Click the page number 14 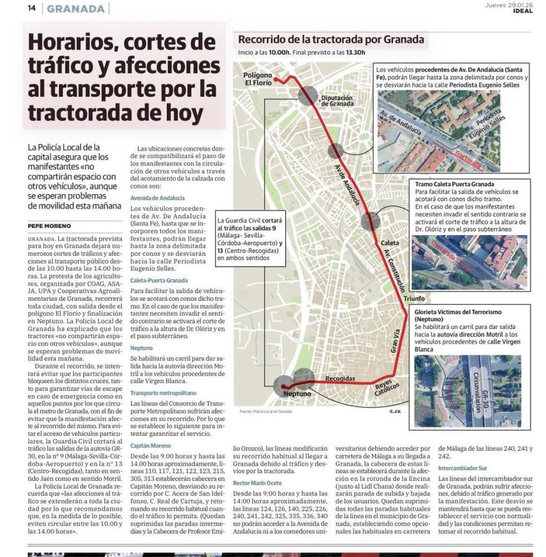pos(32,8)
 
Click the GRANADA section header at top pos(75,8)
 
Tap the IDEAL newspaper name pos(522,11)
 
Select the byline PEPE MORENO pos(49,225)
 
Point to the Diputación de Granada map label pos(337,100)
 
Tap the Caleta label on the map pos(389,243)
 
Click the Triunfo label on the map pos(414,299)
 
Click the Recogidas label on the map pos(340,378)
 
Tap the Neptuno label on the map pos(297,395)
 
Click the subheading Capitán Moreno pos(150,445)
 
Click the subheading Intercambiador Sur pos(462,469)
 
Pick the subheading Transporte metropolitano pos(163,393)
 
